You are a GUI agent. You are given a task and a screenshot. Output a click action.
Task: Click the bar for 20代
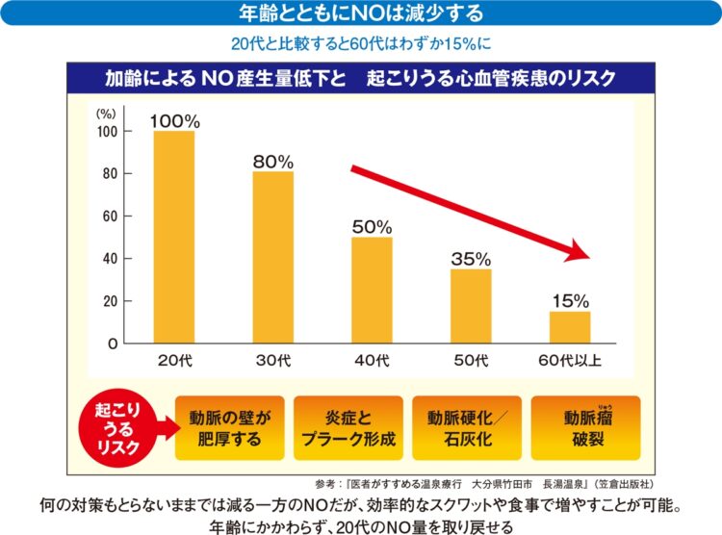[174, 237]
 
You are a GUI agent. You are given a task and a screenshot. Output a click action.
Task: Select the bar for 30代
[272, 257]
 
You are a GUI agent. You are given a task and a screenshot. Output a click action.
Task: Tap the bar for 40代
[372, 290]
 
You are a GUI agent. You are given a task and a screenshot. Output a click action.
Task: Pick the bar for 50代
[471, 306]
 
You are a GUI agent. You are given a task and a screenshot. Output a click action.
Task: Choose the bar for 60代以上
[570, 327]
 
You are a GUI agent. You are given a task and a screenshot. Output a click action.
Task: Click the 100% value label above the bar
[174, 121]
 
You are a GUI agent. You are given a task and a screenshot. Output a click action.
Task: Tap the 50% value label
[372, 227]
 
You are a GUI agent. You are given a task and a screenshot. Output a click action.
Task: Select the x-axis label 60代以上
[570, 362]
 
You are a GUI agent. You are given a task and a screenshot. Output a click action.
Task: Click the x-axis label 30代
[272, 362]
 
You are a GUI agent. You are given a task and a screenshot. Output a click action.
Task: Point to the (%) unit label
[105, 113]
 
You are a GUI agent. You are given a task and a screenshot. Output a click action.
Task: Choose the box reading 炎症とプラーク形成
[348, 427]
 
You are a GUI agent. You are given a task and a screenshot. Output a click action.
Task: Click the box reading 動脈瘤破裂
[584, 427]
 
